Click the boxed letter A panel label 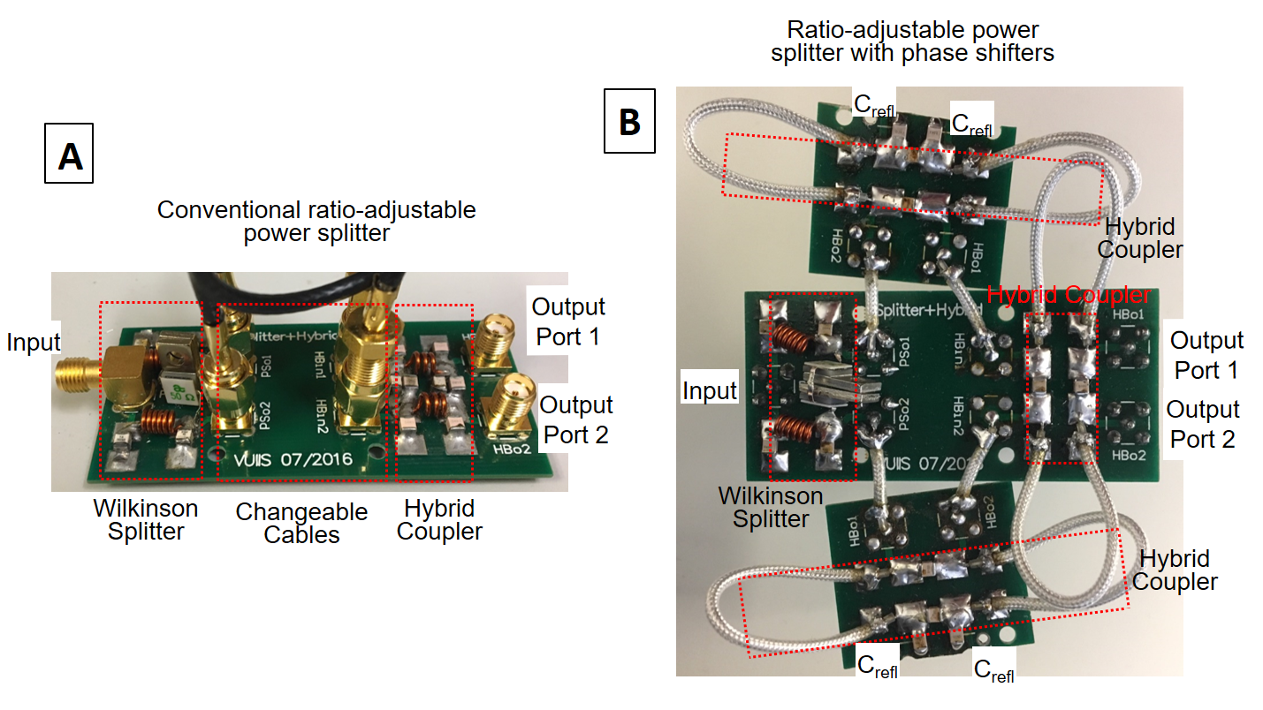(69, 156)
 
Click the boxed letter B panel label (629, 120)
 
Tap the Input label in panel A (34, 342)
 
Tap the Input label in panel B (710, 390)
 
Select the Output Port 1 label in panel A (567, 322)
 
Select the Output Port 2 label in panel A (576, 419)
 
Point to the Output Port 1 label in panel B (1206, 355)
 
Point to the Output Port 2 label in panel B (1203, 424)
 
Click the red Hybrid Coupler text (1069, 295)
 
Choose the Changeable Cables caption (301, 523)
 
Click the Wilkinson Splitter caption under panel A (146, 519)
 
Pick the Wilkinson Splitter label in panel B (771, 507)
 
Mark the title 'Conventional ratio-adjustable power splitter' (316, 222)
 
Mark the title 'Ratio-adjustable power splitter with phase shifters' (912, 42)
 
